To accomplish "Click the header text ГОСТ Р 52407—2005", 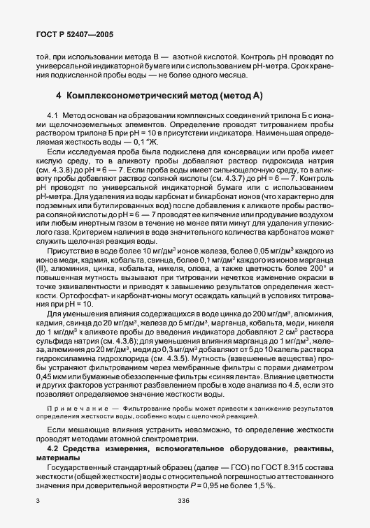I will click(69, 34).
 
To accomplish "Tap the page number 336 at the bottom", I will click(185, 500).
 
